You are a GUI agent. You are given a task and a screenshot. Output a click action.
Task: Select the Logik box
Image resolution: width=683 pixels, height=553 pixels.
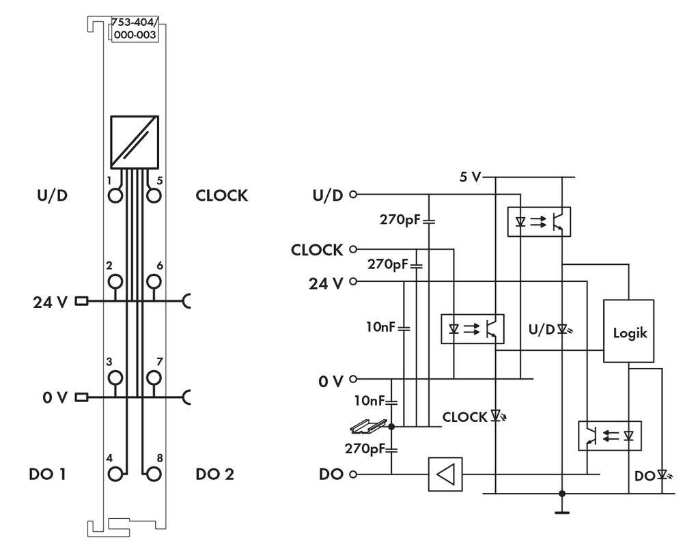(628, 334)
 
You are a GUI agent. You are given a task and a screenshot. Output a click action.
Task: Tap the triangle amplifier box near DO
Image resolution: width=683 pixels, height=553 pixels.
(445, 474)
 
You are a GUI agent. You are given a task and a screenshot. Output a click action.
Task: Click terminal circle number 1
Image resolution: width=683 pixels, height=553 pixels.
(115, 195)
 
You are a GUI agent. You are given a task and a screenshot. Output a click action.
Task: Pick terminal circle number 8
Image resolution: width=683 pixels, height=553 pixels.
(154, 473)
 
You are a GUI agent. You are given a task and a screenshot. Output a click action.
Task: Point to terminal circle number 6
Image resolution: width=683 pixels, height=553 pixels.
(154, 281)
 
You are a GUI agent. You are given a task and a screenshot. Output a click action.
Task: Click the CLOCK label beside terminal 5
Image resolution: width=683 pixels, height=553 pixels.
(221, 195)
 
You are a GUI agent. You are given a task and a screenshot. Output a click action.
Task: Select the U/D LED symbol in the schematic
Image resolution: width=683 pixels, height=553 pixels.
(562, 329)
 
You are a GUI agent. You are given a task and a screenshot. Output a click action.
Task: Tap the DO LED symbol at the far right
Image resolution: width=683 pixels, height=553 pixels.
(661, 473)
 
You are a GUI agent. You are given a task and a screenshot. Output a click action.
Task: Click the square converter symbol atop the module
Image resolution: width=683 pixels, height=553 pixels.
(135, 141)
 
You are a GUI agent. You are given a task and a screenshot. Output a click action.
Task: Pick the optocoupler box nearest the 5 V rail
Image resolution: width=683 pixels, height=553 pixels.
(540, 221)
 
